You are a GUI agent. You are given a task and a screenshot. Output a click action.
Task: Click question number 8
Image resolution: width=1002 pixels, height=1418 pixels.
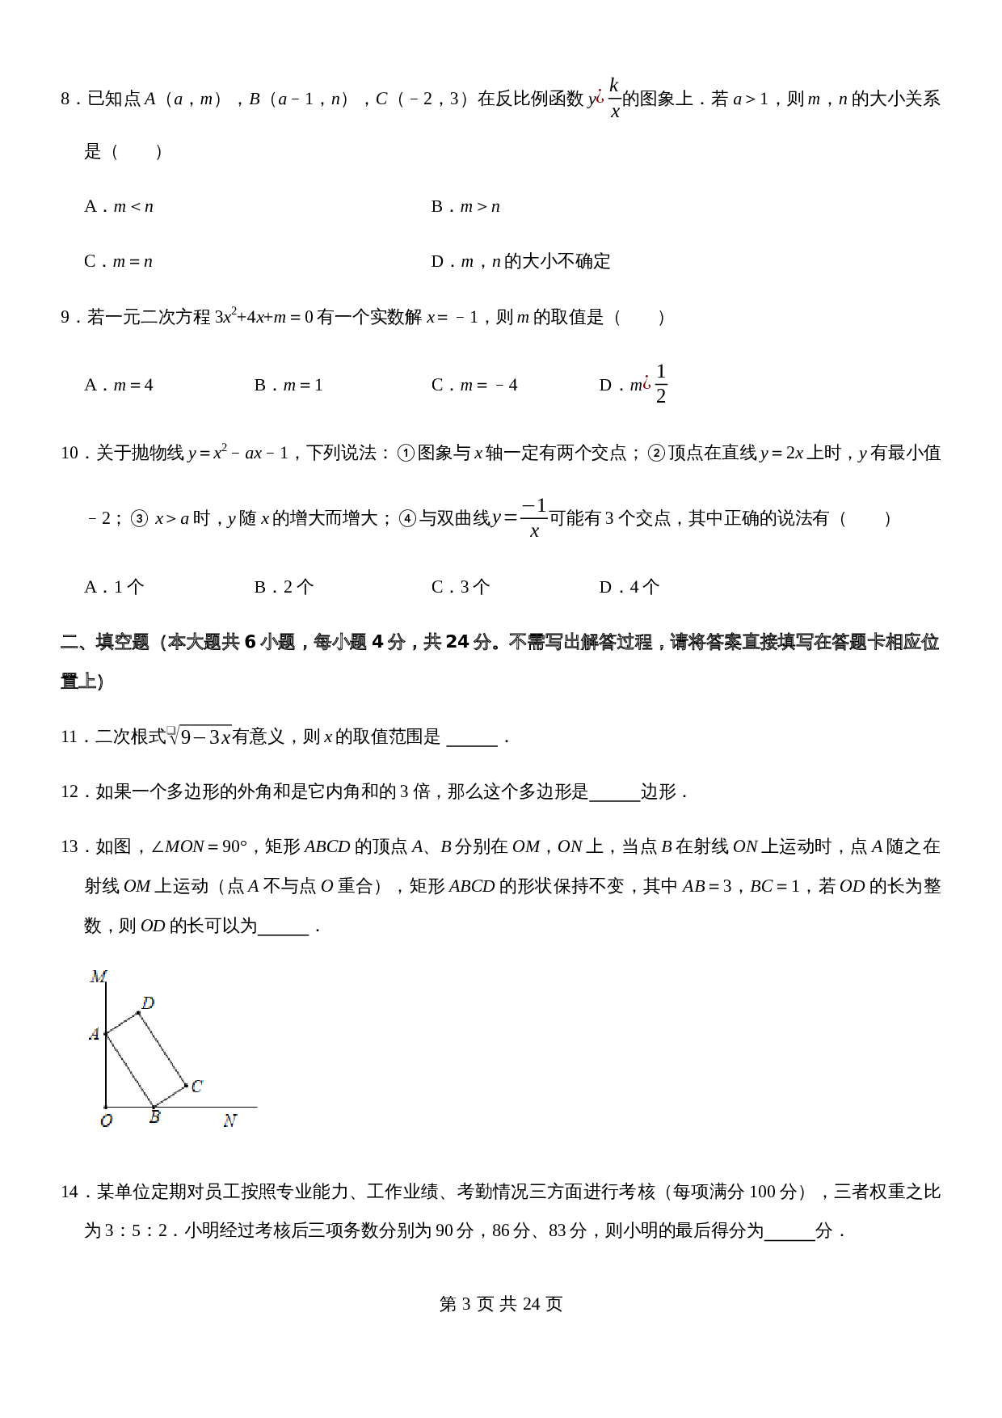pyautogui.click(x=67, y=99)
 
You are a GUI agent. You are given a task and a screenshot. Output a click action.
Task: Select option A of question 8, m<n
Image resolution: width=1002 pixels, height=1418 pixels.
pyautogui.click(x=119, y=207)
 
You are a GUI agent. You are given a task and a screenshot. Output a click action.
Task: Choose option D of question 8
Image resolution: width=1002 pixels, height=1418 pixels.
pyautogui.click(x=520, y=262)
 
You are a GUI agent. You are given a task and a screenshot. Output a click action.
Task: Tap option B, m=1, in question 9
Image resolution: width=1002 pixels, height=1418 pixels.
pyautogui.click(x=288, y=386)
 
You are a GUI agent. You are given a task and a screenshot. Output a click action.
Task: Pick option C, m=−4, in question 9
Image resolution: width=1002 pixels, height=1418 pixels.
pyautogui.click(x=474, y=386)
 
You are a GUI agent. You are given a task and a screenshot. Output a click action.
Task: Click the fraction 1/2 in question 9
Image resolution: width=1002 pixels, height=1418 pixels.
pyautogui.click(x=661, y=384)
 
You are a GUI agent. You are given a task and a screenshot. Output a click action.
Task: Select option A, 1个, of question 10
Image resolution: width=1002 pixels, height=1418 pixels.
pyautogui.click(x=114, y=588)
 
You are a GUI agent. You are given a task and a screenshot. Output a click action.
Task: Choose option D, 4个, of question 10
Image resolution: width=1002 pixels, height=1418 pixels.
pyautogui.click(x=629, y=588)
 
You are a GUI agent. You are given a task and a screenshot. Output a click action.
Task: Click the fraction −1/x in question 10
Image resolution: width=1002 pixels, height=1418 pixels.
pyautogui.click(x=534, y=518)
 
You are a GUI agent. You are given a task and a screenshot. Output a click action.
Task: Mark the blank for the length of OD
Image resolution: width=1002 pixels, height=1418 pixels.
pyautogui.click(x=283, y=928)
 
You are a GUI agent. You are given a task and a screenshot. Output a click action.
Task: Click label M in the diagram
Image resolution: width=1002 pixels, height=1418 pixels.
pyautogui.click(x=99, y=977)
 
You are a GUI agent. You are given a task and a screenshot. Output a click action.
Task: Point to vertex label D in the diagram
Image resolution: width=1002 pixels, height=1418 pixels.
pyautogui.click(x=148, y=1003)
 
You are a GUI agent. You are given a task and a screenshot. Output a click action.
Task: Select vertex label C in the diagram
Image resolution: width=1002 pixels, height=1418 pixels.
pyautogui.click(x=196, y=1087)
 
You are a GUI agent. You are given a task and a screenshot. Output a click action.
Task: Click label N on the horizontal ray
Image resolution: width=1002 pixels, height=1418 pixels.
pyautogui.click(x=229, y=1120)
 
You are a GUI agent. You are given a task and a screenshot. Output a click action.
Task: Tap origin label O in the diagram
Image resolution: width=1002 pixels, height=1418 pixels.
pyautogui.click(x=106, y=1121)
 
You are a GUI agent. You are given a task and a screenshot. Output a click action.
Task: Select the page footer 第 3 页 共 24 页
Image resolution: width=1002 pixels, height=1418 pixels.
pyautogui.click(x=501, y=1304)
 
